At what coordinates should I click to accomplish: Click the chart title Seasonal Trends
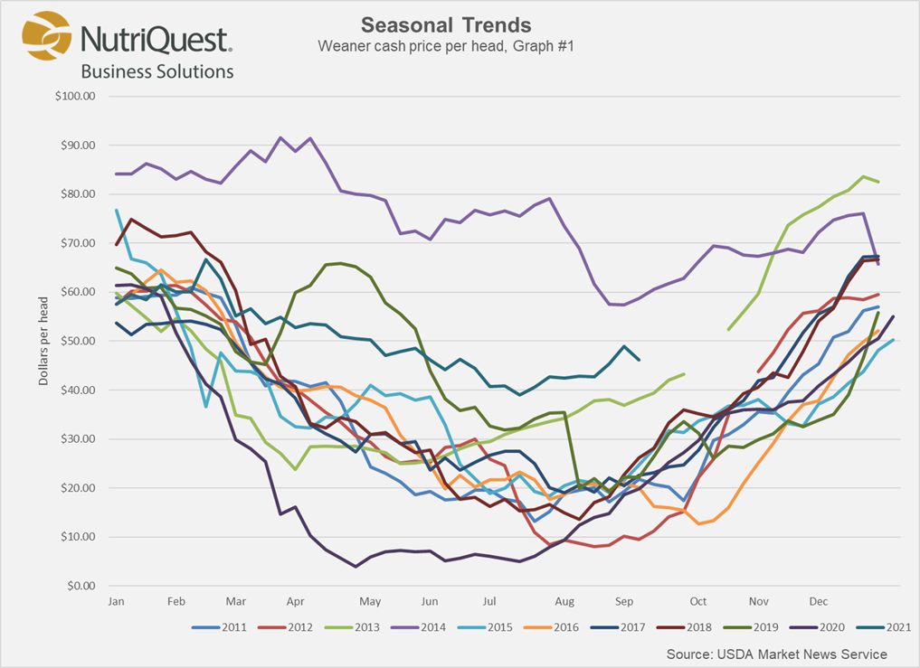point(446,24)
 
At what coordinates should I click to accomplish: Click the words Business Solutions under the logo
point(157,71)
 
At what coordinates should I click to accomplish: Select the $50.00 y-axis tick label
point(77,341)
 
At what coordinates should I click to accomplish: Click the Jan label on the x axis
point(116,601)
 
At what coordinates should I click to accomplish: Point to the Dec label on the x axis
point(818,601)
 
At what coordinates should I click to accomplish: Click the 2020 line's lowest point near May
point(356,566)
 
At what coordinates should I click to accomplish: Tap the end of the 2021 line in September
point(640,360)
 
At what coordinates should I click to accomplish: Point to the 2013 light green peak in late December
point(863,177)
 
